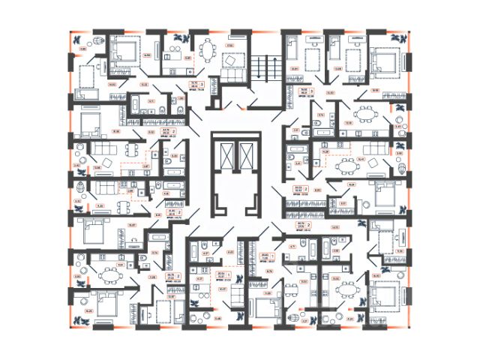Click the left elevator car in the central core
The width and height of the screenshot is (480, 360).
point(224,157)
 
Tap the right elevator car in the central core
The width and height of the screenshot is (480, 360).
point(245,157)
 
